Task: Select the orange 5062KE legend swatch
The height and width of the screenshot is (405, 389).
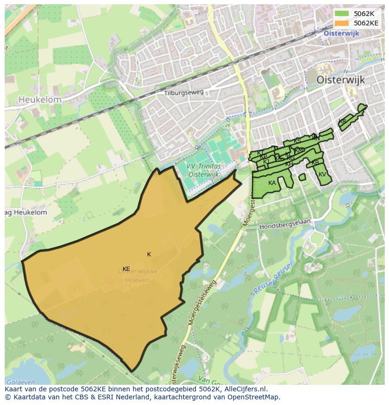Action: [x=342, y=23]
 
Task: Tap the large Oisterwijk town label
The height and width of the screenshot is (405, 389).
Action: [x=341, y=80]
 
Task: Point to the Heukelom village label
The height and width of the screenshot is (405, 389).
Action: [x=40, y=100]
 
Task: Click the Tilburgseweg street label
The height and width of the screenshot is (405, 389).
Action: [x=184, y=93]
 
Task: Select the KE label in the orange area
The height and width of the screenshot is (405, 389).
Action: [x=126, y=269]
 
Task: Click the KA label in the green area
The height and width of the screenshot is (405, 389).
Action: [x=272, y=183]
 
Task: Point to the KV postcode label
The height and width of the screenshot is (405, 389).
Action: [x=322, y=175]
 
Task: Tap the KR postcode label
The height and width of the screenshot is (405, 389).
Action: [x=342, y=121]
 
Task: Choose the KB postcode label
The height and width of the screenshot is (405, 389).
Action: [x=315, y=163]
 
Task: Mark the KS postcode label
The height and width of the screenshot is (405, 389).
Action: [x=297, y=141]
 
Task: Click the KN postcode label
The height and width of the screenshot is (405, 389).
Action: [x=316, y=138]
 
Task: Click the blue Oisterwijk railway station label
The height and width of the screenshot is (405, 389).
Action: [x=341, y=33]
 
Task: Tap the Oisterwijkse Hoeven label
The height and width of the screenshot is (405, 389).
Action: [x=137, y=276]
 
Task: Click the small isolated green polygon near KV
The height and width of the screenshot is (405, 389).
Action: [x=302, y=177]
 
